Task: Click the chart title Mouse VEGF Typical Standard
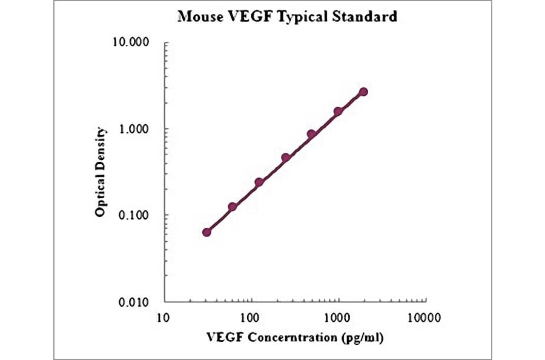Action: [287, 16]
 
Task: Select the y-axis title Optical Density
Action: [101, 172]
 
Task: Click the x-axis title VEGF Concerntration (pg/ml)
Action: [295, 336]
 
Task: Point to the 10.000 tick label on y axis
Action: [132, 43]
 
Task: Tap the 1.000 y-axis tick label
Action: [134, 129]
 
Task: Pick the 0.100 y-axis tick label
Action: [134, 215]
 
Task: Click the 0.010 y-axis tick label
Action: [134, 301]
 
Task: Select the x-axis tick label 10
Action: [162, 317]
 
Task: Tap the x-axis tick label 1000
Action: [337, 317]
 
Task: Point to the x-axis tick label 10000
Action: [423, 317]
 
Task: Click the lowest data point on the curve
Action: [206, 232]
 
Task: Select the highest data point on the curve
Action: [363, 92]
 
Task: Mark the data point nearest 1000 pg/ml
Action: [338, 112]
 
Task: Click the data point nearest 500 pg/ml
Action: [311, 134]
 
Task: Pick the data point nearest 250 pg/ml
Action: [285, 158]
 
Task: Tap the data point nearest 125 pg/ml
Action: [259, 182]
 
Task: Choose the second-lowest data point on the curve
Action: [233, 207]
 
